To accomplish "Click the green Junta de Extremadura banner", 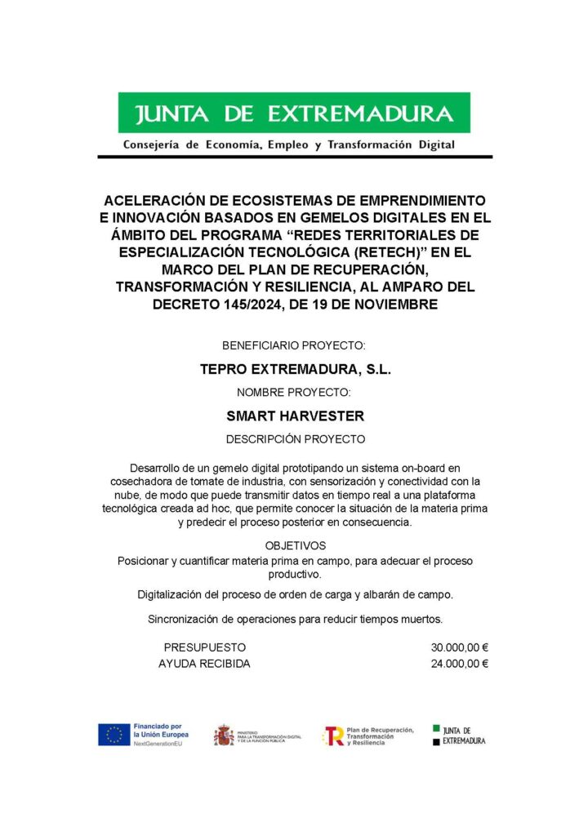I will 294,113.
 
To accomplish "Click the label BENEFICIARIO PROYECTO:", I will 294,346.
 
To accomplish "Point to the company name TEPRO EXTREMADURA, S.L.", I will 296,369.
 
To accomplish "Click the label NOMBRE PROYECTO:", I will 295,393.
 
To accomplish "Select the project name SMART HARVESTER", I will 295,416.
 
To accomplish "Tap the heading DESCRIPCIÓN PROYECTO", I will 295,439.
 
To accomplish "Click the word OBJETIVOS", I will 295,545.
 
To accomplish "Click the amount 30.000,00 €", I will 459,647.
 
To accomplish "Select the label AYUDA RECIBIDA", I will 204,664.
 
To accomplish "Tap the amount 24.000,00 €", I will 459,664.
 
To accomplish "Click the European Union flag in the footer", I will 114,734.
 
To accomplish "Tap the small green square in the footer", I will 436,727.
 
